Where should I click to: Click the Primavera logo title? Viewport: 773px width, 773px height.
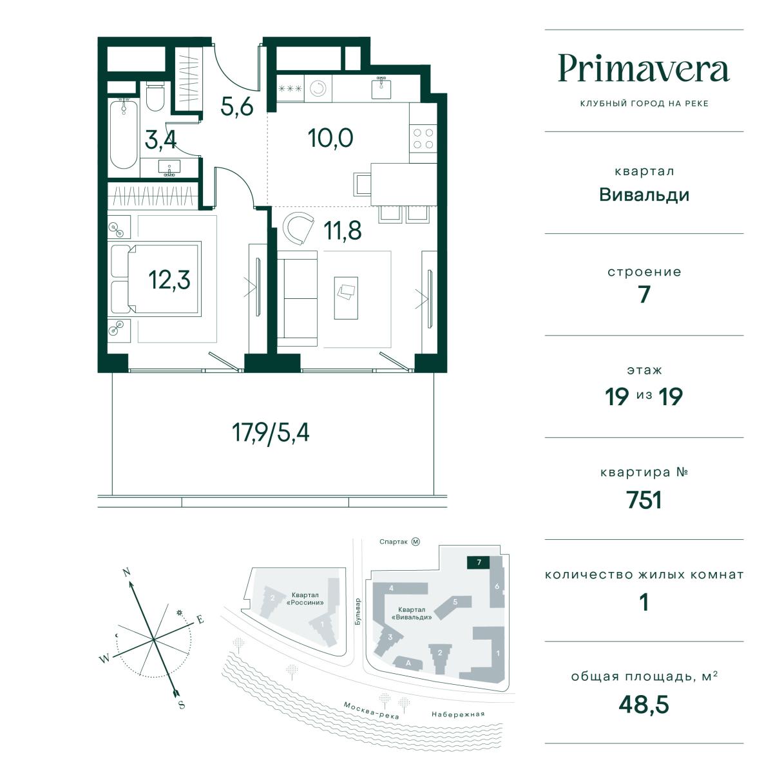click(644, 69)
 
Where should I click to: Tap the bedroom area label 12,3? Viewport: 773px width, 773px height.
click(169, 280)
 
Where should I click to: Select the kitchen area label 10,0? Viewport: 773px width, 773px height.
click(330, 138)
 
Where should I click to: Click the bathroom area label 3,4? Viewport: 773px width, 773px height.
click(160, 140)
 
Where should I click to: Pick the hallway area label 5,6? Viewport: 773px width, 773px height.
click(236, 106)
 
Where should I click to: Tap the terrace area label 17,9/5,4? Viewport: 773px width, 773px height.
click(271, 433)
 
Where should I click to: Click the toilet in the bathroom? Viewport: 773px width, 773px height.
click(155, 96)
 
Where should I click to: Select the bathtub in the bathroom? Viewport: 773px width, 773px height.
click(124, 133)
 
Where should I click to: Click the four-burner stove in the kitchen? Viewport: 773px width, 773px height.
click(423, 138)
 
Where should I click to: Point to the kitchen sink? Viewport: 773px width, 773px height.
click(381, 88)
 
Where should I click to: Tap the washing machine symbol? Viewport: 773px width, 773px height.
click(318, 89)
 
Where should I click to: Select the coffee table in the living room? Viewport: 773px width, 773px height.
click(346, 298)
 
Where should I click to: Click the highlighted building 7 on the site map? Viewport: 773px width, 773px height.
click(479, 562)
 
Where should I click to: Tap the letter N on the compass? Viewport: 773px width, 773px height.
click(127, 572)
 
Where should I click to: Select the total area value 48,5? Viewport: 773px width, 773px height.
click(644, 705)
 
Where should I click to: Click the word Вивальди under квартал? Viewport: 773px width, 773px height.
click(644, 195)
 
